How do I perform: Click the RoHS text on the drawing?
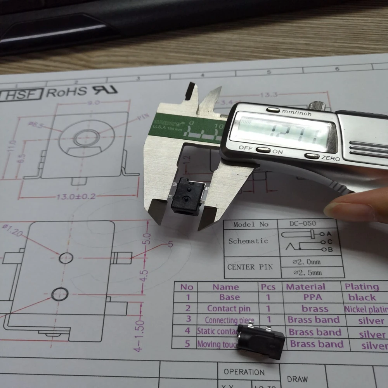click(66, 92)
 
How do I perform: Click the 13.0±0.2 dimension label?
click(76, 196)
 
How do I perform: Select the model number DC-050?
click(302, 223)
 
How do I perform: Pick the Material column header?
click(305, 287)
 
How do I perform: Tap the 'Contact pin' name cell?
click(229, 309)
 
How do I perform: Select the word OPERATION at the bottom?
click(244, 372)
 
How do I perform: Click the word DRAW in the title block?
click(297, 379)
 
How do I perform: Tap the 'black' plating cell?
click(362, 298)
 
